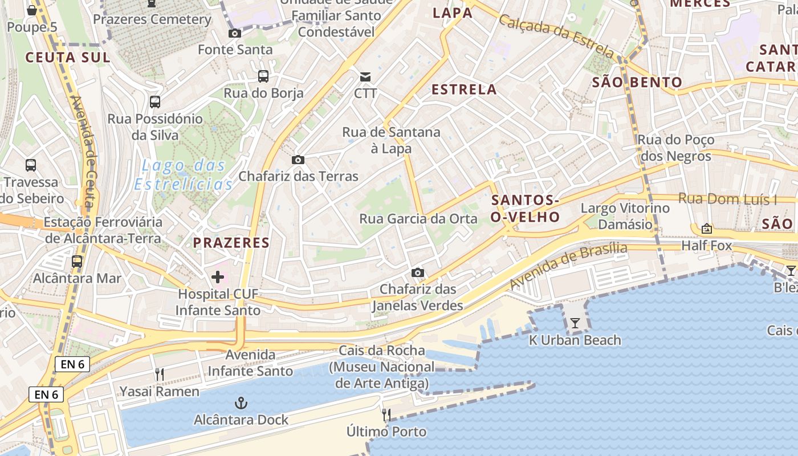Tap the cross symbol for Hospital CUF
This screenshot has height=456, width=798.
217,278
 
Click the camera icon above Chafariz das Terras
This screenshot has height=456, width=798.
298,160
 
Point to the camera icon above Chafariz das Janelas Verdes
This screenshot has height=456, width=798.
418,273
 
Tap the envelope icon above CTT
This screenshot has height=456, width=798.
365,76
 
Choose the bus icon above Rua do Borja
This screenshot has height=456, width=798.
263,76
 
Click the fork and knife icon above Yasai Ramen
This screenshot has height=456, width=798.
160,374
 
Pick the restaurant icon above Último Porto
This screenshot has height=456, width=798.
386,414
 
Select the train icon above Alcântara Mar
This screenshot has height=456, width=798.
77,262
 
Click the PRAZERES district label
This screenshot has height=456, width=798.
231,243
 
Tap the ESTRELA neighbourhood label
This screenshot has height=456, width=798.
464,89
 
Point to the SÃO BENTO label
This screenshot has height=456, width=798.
637,82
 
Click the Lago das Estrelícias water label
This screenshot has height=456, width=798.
184,175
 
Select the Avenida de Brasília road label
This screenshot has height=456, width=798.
568,265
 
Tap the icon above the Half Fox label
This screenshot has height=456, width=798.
707,229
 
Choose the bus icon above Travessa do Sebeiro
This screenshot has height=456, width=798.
31,165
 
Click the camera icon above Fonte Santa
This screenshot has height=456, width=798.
234,33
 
